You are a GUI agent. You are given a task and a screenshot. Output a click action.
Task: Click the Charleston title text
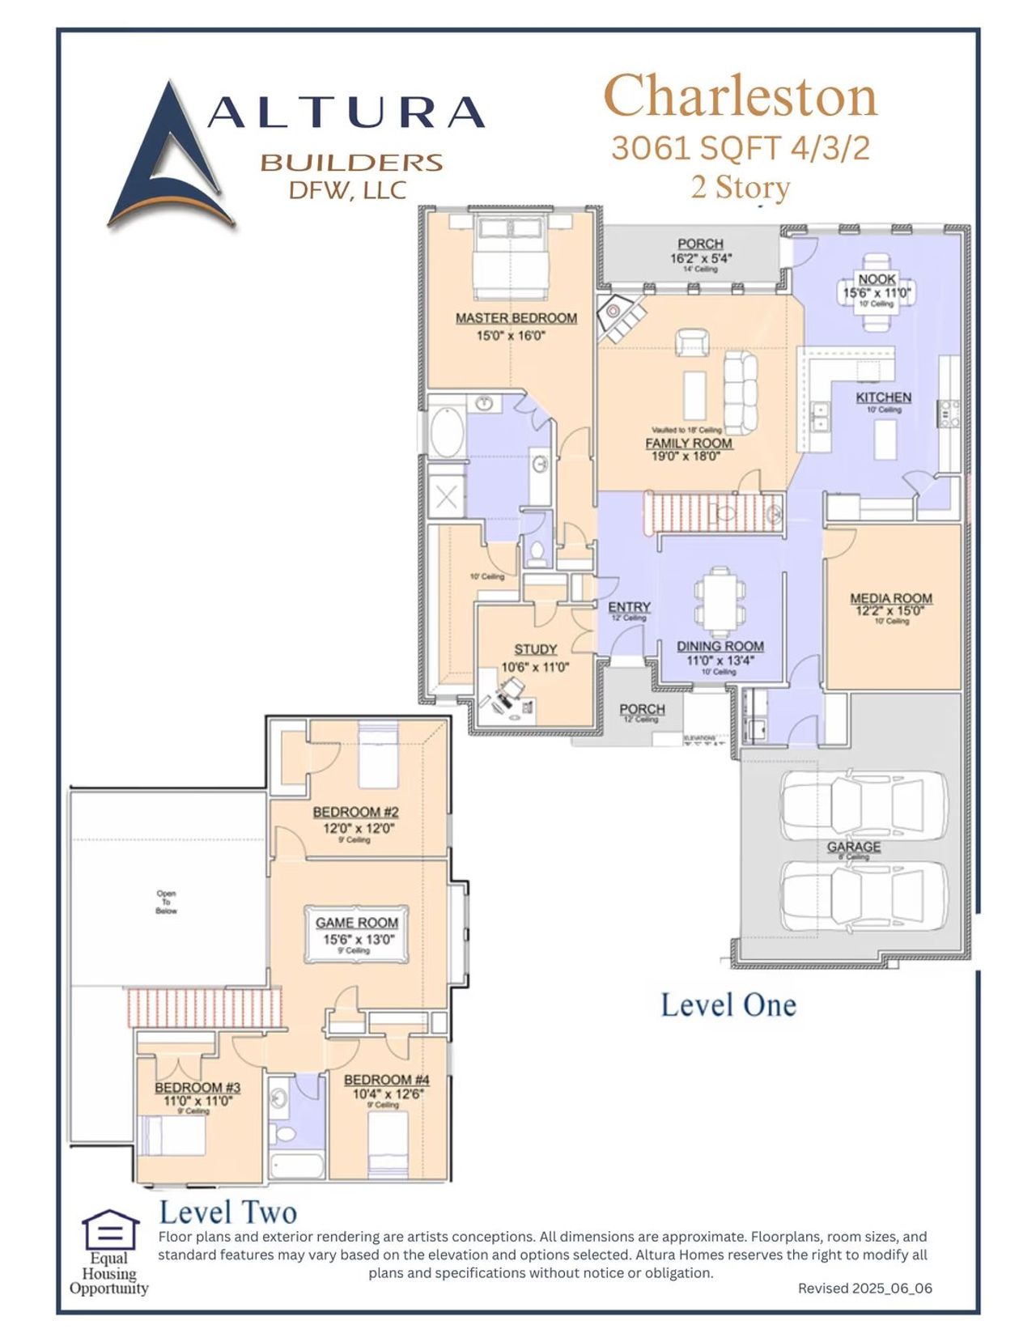(740, 97)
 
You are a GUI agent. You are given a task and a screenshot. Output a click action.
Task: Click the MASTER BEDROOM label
(516, 318)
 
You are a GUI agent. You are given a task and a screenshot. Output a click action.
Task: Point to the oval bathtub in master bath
(446, 434)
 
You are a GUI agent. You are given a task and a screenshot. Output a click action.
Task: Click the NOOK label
(877, 279)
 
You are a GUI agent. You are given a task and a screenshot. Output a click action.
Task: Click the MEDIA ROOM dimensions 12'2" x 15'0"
(890, 611)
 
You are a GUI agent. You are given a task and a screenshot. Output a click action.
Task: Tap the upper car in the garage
(864, 805)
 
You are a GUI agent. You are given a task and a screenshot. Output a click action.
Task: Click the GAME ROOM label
(357, 923)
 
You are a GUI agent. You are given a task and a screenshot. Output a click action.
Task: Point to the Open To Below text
(166, 902)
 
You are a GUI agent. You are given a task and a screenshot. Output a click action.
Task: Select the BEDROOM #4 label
(386, 1080)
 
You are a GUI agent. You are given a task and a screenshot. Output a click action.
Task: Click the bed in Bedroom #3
(172, 1136)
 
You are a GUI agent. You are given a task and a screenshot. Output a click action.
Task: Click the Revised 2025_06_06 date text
(864, 1288)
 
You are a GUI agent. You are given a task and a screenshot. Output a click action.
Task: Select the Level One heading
(728, 1005)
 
